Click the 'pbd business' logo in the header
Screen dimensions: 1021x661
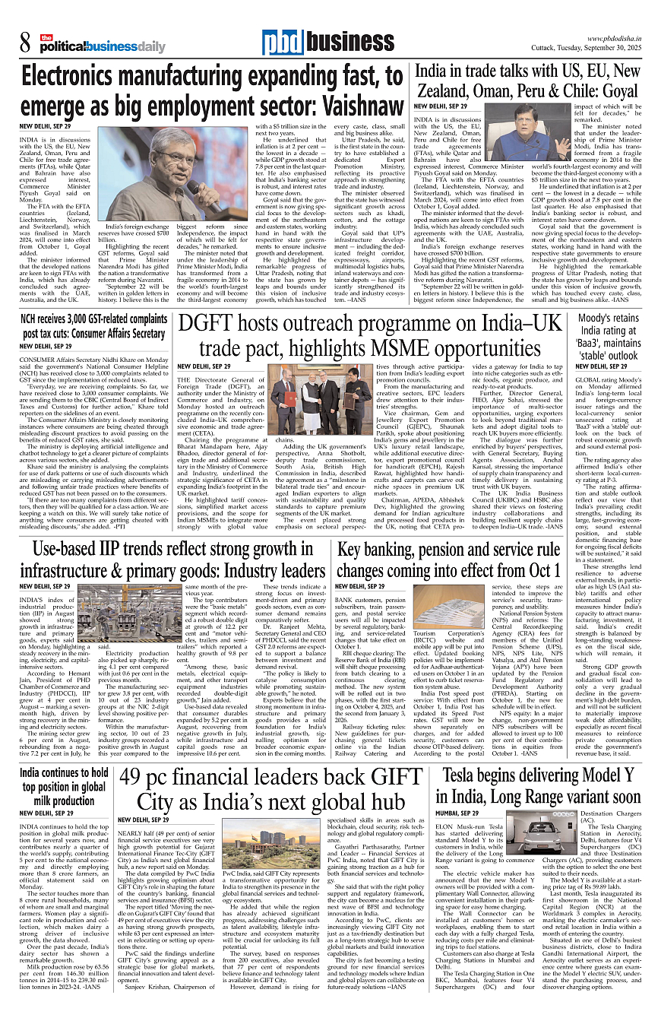pos(328,43)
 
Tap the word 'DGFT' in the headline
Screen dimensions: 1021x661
pos(218,325)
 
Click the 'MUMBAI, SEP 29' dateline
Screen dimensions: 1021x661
pos(437,813)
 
